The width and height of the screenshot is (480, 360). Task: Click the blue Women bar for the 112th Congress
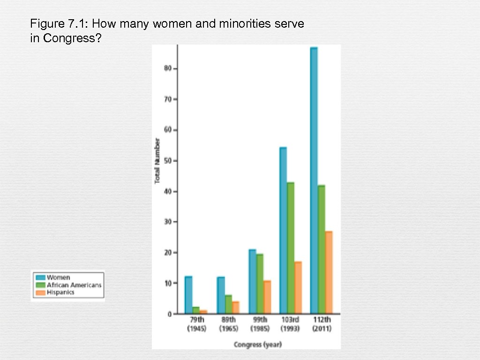tap(314, 180)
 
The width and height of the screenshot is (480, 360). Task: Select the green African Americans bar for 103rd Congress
tap(291, 248)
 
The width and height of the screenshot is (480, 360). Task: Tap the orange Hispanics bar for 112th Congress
tap(328, 272)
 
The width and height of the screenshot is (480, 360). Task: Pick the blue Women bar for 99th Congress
tap(252, 281)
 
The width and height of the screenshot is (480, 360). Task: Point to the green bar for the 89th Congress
tap(228, 304)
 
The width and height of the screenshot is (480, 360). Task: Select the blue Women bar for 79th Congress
tap(188, 295)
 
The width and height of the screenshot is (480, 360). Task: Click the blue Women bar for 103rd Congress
tap(283, 230)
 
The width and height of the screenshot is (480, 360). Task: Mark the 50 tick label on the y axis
tap(168, 161)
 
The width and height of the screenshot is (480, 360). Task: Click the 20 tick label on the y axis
tap(168, 253)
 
